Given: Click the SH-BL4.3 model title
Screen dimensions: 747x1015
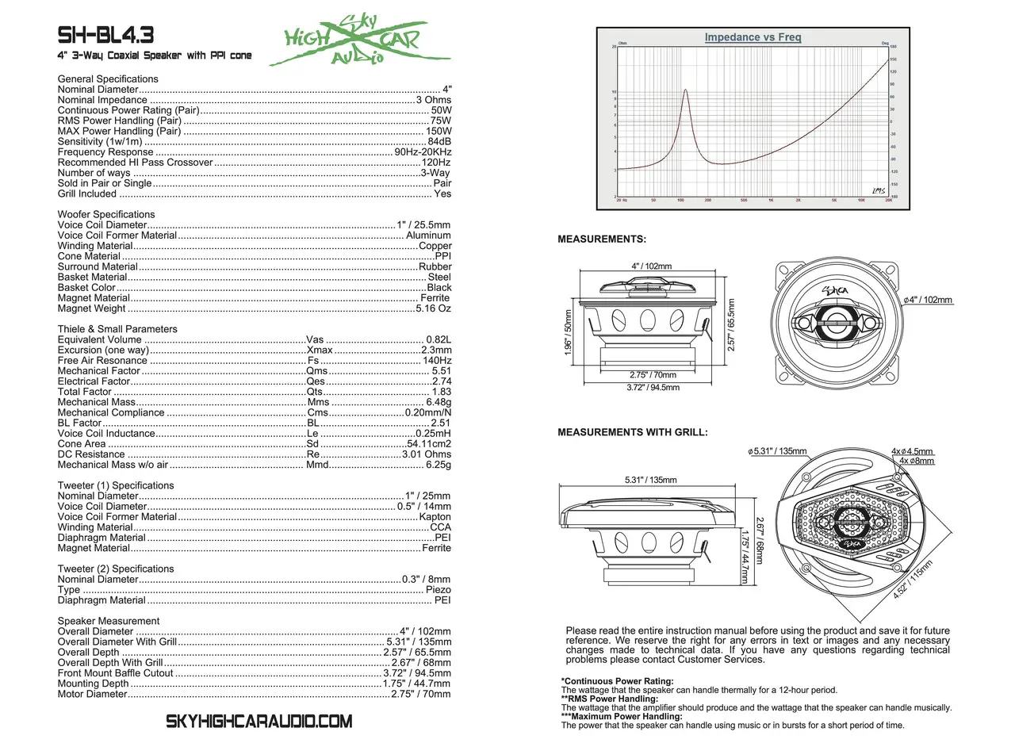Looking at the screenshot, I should (105, 36).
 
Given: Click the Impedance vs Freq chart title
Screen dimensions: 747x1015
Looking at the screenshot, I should (753, 37).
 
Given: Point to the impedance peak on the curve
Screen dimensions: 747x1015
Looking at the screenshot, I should (685, 90).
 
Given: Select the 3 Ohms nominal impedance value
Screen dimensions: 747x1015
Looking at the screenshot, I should (433, 100).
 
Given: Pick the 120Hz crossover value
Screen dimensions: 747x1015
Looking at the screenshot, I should (435, 163).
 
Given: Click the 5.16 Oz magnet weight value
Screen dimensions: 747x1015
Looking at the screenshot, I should (433, 308).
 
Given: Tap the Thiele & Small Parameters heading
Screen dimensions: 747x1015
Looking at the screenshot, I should (117, 329).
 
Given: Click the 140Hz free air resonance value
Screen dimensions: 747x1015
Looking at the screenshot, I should (437, 361).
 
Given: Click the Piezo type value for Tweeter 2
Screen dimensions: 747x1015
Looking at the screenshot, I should (438, 590).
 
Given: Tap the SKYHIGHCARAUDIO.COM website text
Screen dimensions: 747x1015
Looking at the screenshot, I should (259, 722).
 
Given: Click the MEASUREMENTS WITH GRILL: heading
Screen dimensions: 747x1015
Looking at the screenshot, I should (633, 433).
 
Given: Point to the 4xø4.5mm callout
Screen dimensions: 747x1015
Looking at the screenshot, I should (912, 451).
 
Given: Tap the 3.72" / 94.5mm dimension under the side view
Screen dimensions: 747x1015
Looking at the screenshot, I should (653, 388).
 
